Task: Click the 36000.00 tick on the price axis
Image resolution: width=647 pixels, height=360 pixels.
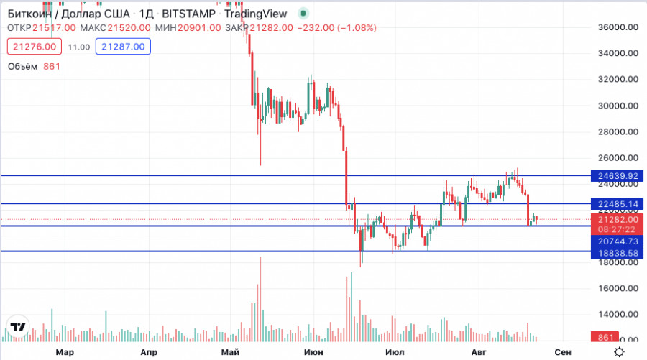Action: click(618, 27)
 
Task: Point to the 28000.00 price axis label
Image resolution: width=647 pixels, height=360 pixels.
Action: click(618, 132)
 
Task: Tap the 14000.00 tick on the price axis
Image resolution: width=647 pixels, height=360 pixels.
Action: click(618, 315)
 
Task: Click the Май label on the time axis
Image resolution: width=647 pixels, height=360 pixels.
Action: click(231, 352)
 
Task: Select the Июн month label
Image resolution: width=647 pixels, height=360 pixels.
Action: click(313, 352)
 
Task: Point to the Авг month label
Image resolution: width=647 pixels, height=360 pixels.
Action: click(479, 352)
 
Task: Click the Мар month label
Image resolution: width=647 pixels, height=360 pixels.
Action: click(65, 352)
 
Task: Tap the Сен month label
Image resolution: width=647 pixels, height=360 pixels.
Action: click(564, 352)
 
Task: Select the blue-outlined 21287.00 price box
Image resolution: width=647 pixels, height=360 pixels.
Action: click(123, 47)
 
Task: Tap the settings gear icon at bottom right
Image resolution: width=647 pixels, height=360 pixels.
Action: click(618, 351)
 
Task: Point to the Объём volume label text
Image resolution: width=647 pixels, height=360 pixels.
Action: click(23, 66)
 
